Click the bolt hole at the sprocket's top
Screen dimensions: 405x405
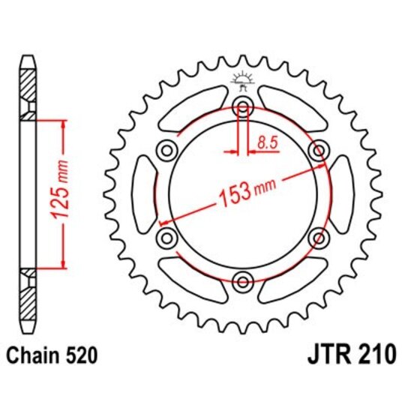click(243, 106)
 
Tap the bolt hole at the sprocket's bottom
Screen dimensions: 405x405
click(243, 282)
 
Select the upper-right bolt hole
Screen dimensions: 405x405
click(319, 150)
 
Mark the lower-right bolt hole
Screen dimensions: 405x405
click(319, 238)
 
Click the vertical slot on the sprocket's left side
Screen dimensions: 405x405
click(142, 194)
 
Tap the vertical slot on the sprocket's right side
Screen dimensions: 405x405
click(344, 194)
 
